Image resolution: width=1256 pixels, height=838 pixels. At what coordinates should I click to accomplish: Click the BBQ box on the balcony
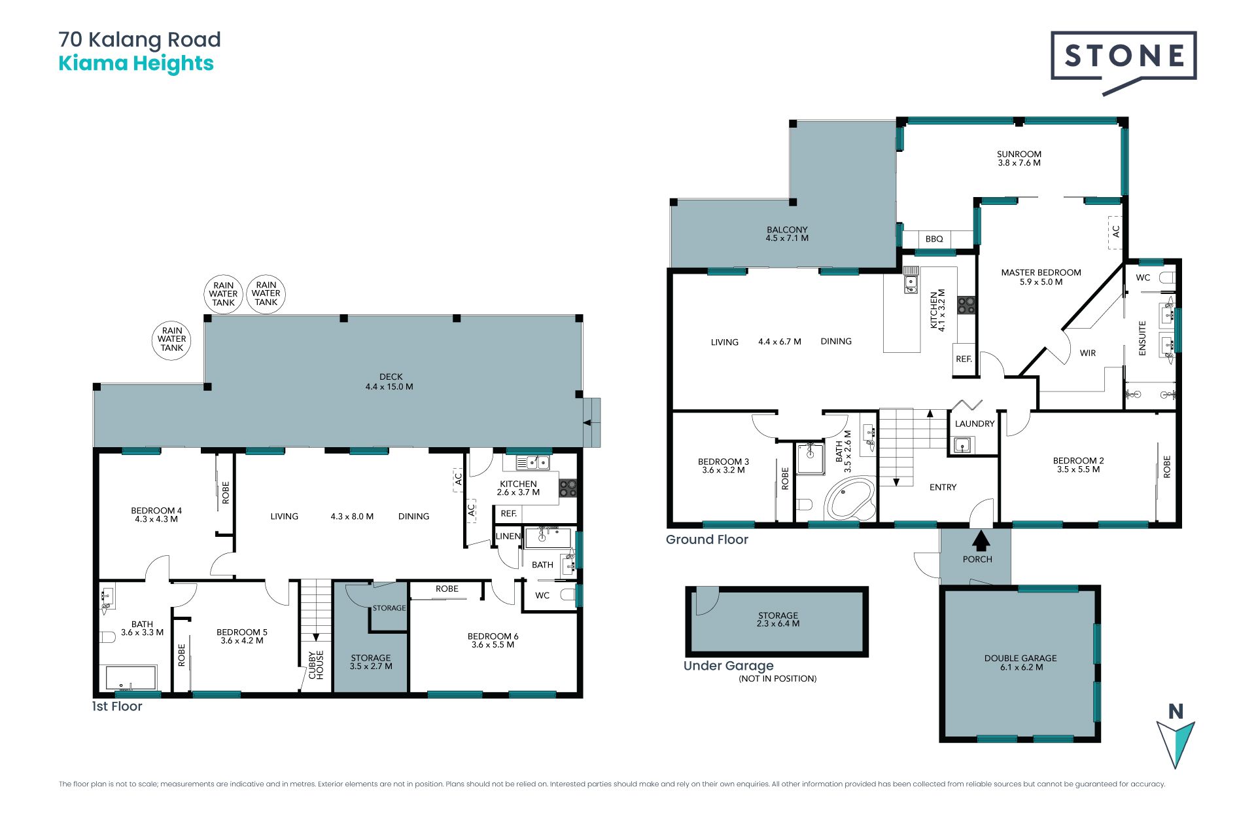pos(934,239)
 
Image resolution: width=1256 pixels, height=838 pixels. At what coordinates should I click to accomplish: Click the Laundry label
pos(975,424)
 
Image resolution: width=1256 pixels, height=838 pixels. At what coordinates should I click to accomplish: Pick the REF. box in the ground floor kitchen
pos(964,359)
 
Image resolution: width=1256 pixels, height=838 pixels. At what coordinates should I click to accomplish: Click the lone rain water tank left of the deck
pos(171,339)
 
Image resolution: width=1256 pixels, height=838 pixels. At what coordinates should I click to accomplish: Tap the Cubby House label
pos(316,665)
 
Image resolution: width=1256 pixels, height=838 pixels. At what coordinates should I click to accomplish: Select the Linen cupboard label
pos(508,536)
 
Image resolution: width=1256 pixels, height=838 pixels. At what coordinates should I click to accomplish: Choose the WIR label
pos(1088,353)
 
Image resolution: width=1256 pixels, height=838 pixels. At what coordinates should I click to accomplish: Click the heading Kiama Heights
pos(136,64)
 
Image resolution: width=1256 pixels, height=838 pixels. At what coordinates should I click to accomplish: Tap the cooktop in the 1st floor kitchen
pos(568,488)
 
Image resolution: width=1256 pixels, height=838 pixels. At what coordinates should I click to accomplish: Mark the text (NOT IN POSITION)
pos(778,679)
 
